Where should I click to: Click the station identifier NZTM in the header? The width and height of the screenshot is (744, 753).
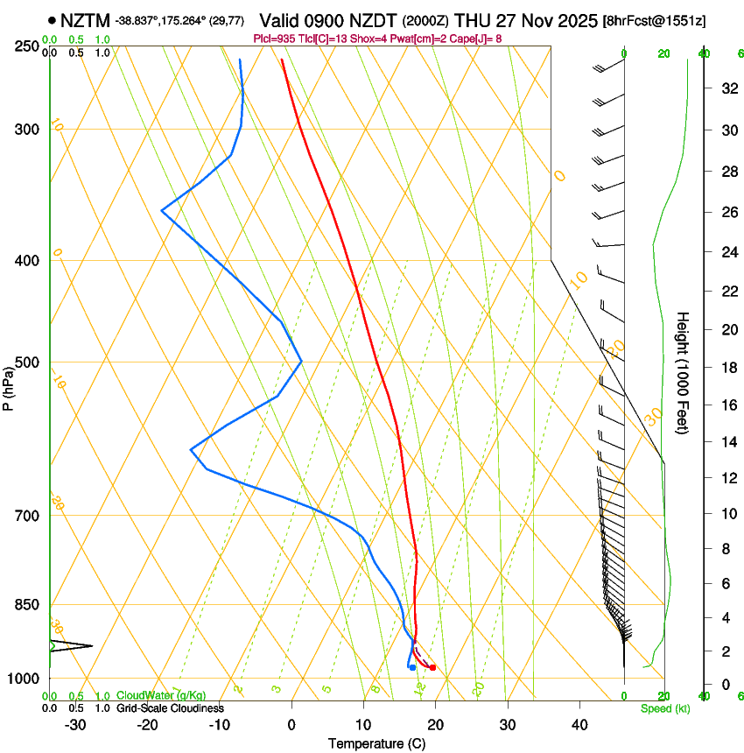pyautogui.click(x=86, y=20)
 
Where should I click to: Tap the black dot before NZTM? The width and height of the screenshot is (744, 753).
pyautogui.click(x=53, y=20)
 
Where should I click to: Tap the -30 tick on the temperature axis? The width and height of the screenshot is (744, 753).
pyautogui.click(x=75, y=725)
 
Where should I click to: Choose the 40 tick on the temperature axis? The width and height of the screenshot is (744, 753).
pyautogui.click(x=579, y=725)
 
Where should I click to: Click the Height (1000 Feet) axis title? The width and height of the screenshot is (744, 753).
pyautogui.click(x=684, y=372)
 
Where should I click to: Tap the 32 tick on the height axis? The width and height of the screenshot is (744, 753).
pyautogui.click(x=728, y=88)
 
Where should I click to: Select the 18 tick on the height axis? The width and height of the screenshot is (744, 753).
pyautogui.click(x=728, y=368)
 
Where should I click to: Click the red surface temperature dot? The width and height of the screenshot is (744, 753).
pyautogui.click(x=432, y=668)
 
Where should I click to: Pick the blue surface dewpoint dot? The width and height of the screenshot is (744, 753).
pyautogui.click(x=412, y=668)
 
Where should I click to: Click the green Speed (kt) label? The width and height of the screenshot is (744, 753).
pyautogui.click(x=664, y=708)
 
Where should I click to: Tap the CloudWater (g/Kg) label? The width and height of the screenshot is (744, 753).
pyautogui.click(x=161, y=696)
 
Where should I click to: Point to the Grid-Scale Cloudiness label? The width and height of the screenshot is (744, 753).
pyautogui.click(x=171, y=708)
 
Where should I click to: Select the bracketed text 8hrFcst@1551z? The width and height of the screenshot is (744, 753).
pyautogui.click(x=656, y=20)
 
